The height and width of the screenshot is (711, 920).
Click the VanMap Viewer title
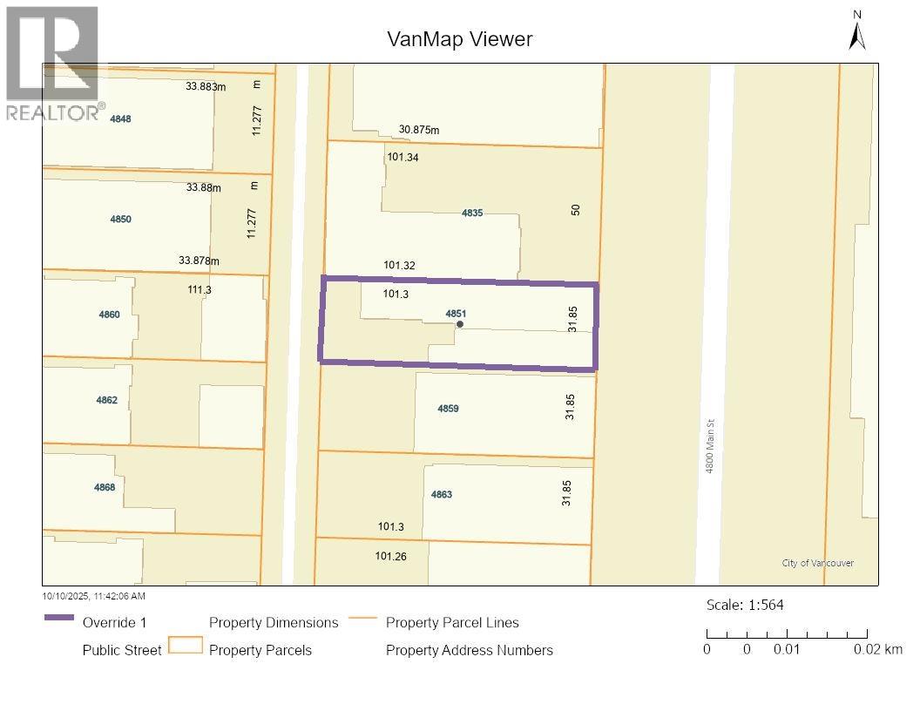tap(459, 39)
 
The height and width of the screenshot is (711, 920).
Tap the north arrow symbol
tap(857, 33)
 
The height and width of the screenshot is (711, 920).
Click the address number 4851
tap(457, 313)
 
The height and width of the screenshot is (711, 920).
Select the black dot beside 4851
tap(460, 324)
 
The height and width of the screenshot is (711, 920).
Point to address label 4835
tap(472, 213)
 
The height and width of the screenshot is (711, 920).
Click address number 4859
tap(448, 408)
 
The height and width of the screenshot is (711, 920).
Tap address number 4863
tap(442, 494)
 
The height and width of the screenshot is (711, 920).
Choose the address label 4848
tap(120, 118)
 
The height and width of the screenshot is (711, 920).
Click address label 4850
tap(120, 219)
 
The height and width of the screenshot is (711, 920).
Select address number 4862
tap(106, 400)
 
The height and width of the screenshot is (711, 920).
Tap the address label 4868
tap(105, 487)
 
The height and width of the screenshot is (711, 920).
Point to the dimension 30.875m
tap(419, 130)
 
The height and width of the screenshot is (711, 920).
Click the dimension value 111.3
tap(200, 289)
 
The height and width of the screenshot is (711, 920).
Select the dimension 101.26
tap(390, 556)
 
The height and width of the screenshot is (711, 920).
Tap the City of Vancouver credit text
tap(817, 563)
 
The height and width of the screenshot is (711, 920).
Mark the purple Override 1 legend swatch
tap(58, 618)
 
